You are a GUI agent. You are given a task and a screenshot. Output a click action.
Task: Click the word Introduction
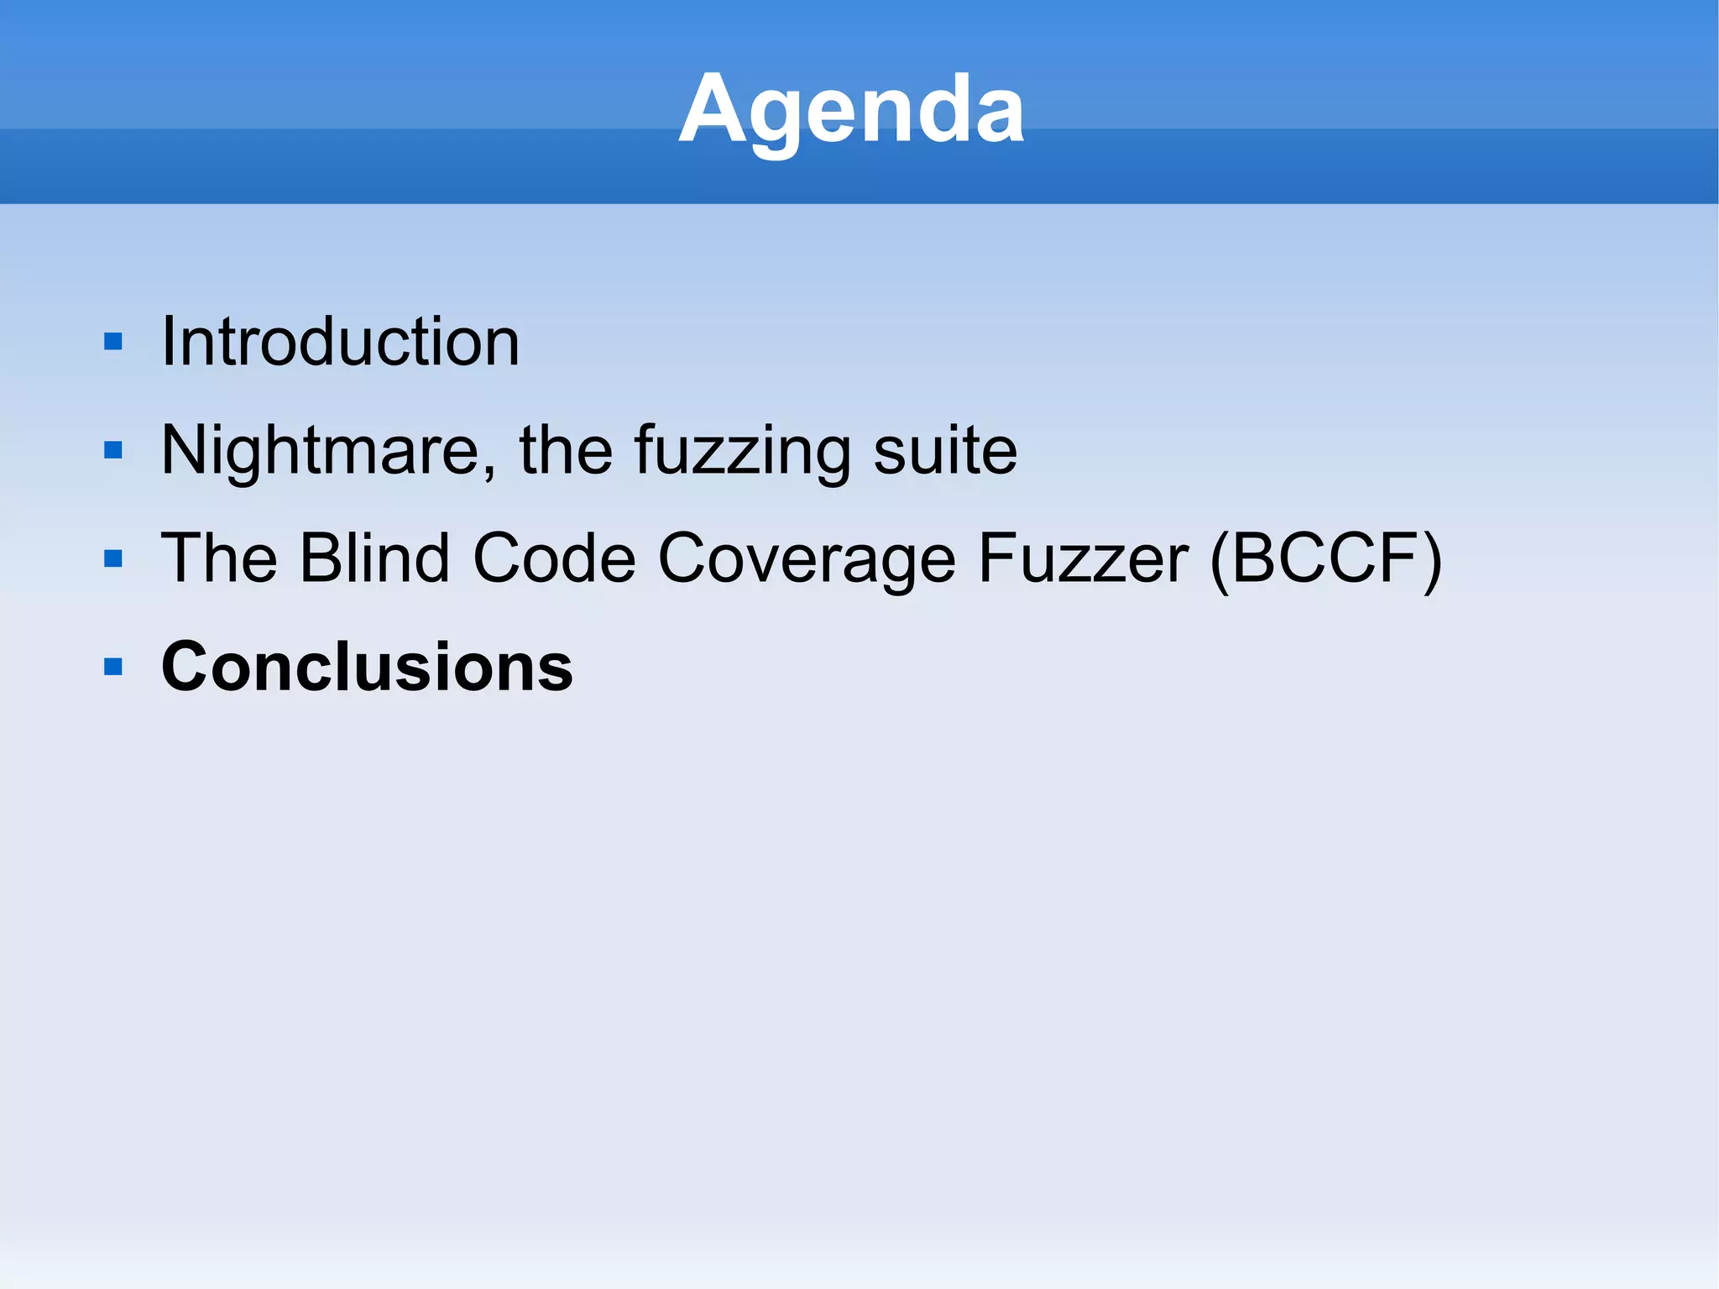coord(340,342)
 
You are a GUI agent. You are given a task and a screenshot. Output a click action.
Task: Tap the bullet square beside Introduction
coord(113,342)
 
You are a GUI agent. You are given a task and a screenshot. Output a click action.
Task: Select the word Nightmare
coord(319,451)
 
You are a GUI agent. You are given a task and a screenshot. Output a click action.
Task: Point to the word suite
coord(945,451)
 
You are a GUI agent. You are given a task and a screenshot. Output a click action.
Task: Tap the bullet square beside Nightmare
coord(113,451)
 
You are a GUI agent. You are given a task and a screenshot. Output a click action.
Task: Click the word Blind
coord(374,558)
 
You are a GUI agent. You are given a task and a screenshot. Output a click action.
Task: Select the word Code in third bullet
coord(554,558)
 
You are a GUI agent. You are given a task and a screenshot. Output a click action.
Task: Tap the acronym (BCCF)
coord(1326,560)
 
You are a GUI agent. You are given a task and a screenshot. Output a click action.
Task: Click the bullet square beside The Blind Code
coord(113,559)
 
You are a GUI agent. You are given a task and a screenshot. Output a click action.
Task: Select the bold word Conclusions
coord(367,667)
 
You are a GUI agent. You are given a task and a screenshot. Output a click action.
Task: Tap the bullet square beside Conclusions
coord(113,668)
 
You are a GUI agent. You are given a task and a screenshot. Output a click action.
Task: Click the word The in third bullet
coord(218,558)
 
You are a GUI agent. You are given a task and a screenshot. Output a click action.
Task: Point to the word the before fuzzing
coord(566,451)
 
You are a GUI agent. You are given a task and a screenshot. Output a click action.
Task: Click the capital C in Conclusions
coord(186,667)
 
